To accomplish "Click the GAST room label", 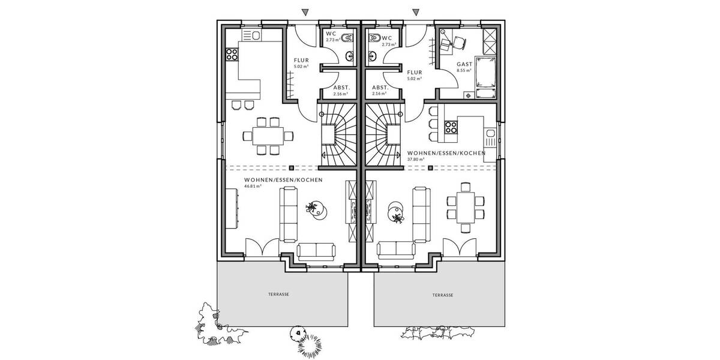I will click(x=464, y=64).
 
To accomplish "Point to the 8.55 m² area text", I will click(x=464, y=70).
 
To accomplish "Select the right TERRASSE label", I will click(x=442, y=295).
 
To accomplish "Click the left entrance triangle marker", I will click(x=305, y=12).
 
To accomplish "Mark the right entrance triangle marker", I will click(x=414, y=12).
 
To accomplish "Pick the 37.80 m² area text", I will click(x=415, y=160).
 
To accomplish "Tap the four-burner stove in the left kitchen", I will click(x=232, y=55).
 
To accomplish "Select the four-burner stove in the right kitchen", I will click(x=451, y=126).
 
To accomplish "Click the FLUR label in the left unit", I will click(x=301, y=61).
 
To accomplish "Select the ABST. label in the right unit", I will click(x=379, y=88).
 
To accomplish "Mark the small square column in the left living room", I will click(x=291, y=167).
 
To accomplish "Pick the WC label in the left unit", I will click(x=330, y=34).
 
